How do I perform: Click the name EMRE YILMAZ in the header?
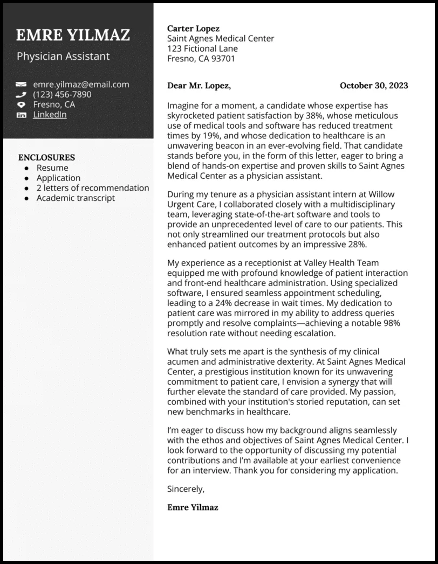tap(73, 36)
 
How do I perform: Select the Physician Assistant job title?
tap(63, 56)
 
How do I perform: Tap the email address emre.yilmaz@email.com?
tap(81, 85)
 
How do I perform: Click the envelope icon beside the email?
tap(22, 85)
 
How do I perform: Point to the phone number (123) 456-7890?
tap(62, 95)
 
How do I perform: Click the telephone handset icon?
tap(22, 95)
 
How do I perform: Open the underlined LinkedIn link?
tap(50, 115)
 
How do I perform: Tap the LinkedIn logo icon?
tap(22, 115)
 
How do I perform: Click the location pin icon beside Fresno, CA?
tap(22, 105)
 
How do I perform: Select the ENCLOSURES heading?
tap(46, 158)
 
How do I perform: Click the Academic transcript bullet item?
tap(76, 198)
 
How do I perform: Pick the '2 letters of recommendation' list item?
tap(93, 188)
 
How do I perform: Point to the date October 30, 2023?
tap(374, 86)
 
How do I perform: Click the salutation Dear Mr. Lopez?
tap(199, 86)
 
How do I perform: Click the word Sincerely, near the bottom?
tap(186, 489)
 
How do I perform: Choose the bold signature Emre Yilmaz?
tap(193, 507)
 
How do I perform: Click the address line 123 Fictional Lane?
tap(202, 49)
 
